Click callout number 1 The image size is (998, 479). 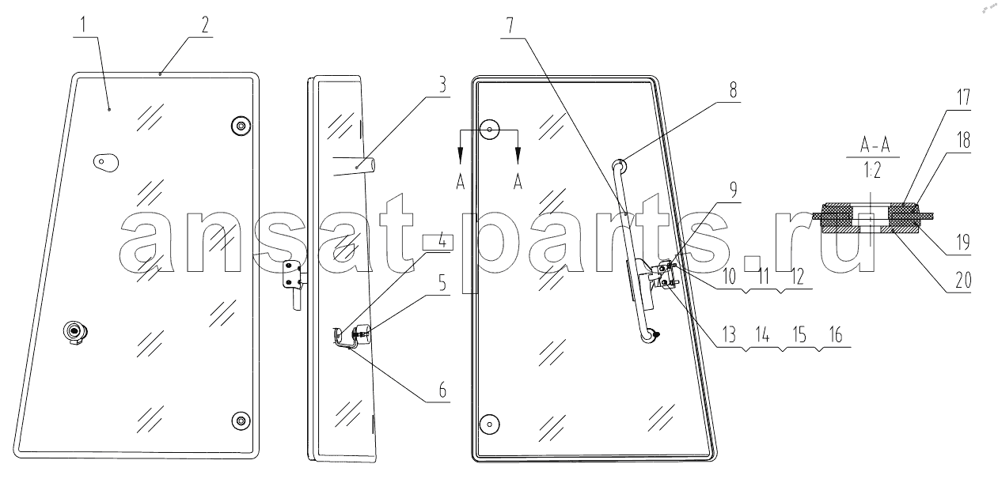click(x=82, y=26)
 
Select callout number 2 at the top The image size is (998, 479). click(x=205, y=25)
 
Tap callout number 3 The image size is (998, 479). click(x=442, y=85)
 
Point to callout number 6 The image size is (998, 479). click(x=442, y=390)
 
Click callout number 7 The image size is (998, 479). click(x=510, y=26)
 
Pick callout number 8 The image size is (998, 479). click(x=733, y=90)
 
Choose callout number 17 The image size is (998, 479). click(x=963, y=97)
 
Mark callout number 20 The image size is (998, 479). click(x=963, y=281)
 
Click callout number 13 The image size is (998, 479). click(x=730, y=334)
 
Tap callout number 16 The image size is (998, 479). click(x=836, y=334)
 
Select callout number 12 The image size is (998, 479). click(x=798, y=277)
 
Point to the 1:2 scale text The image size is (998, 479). click(x=872, y=170)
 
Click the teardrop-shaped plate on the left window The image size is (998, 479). click(x=106, y=162)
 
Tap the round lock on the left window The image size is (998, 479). click(x=75, y=332)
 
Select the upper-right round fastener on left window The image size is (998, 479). click(x=241, y=126)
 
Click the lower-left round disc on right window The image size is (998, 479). click(x=489, y=424)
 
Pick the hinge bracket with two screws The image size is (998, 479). click(x=293, y=276)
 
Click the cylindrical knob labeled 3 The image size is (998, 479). click(x=366, y=167)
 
